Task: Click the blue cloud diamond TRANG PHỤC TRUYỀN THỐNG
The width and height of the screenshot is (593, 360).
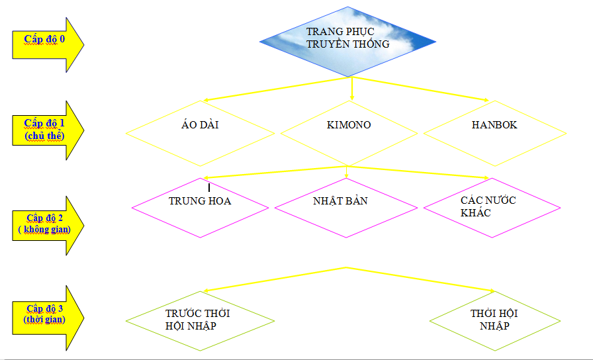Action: tap(347, 42)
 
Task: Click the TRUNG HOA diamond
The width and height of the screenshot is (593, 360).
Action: tap(200, 208)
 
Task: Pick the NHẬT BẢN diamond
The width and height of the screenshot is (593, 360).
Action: tap(345, 208)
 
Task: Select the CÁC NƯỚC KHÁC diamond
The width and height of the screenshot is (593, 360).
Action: tap(492, 208)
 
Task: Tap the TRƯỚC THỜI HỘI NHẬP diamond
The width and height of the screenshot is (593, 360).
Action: tap(199, 321)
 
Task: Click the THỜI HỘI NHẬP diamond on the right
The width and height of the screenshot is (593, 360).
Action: tap(495, 321)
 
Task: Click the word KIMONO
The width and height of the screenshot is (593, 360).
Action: tap(349, 124)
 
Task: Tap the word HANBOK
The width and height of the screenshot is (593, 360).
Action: tap(494, 124)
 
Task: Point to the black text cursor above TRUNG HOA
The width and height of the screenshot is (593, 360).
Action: tap(209, 187)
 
